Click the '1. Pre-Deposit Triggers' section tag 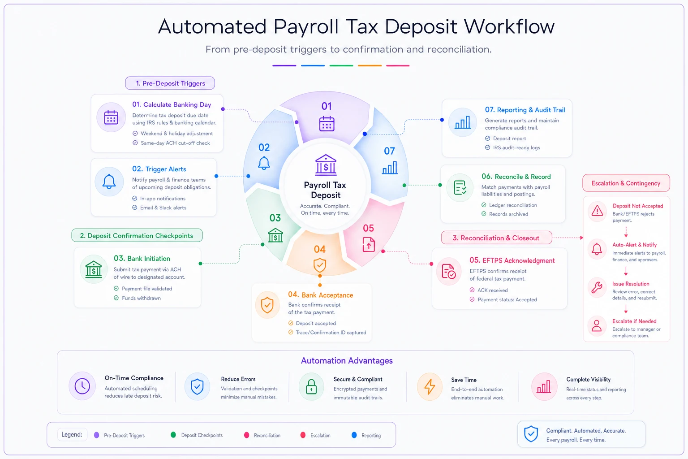170,83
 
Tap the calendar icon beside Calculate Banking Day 111,117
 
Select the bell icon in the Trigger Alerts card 109,182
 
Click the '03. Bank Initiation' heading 142,258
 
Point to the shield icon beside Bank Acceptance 267,305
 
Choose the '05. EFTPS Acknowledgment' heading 512,260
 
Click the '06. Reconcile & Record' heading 516,177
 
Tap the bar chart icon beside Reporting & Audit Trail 463,122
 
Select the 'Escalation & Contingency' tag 626,183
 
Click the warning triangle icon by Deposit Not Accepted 597,211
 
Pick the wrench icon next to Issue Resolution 597,288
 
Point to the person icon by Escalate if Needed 597,325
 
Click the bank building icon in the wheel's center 326,165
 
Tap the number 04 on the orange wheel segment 320,249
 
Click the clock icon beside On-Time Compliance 82,386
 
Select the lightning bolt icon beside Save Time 430,386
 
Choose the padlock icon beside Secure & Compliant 311,386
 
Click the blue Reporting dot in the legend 354,435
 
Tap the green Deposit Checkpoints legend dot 173,435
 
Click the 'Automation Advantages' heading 347,361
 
